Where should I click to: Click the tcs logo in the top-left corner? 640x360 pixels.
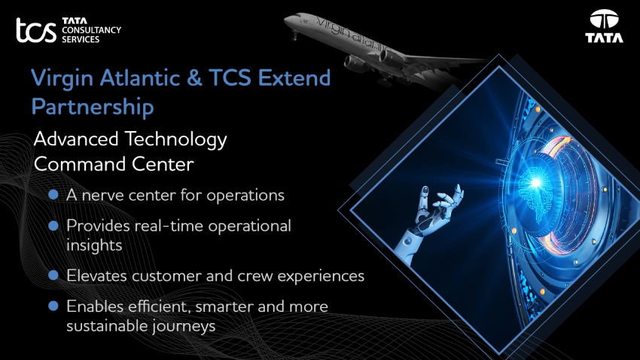36,30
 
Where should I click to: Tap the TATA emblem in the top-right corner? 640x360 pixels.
604,26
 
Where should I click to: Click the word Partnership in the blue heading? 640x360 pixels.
93,108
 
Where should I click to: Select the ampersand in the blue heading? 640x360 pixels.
195,78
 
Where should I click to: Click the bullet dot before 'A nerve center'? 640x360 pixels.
53,194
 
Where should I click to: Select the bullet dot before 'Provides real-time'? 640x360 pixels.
53,225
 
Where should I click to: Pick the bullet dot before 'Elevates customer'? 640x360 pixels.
53,275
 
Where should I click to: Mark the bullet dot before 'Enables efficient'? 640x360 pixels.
53,306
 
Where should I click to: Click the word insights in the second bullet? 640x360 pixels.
94,246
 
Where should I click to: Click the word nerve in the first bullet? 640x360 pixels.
103,196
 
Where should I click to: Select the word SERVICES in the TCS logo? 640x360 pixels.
81,40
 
